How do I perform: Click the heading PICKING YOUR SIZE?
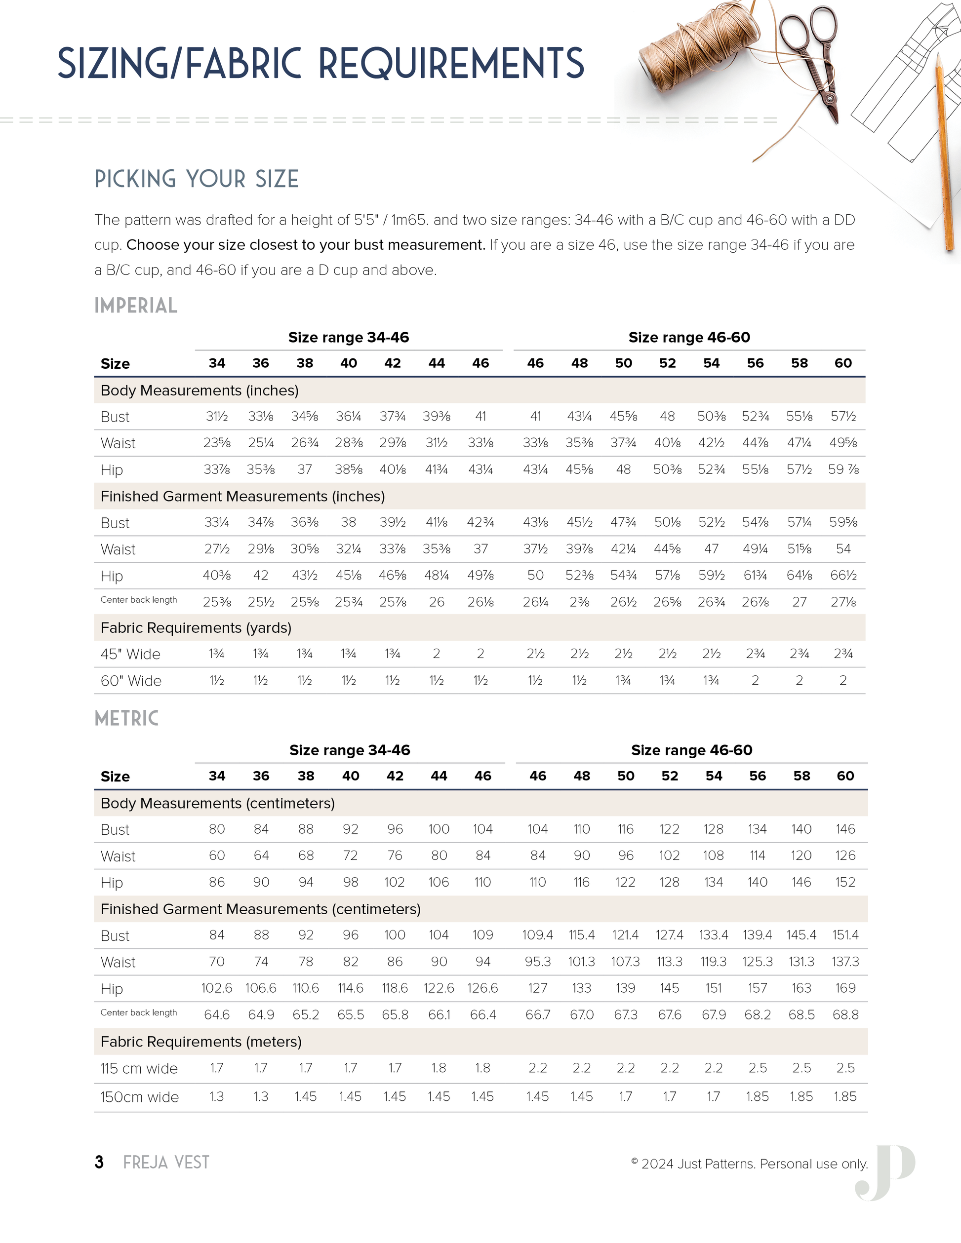point(197,179)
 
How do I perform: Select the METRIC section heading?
point(126,718)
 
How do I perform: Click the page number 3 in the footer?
point(99,1162)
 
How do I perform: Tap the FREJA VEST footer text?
point(166,1162)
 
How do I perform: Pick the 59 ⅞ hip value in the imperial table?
point(843,469)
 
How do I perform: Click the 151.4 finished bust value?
point(845,935)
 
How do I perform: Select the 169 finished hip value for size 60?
point(845,988)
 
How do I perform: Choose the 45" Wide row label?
point(130,654)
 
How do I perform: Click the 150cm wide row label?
point(139,1097)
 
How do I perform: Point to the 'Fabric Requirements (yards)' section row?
point(196,628)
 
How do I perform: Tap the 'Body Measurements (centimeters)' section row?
point(217,803)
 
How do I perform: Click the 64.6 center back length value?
point(217,1015)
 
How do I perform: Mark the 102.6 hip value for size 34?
point(217,988)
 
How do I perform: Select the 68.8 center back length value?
point(845,1015)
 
